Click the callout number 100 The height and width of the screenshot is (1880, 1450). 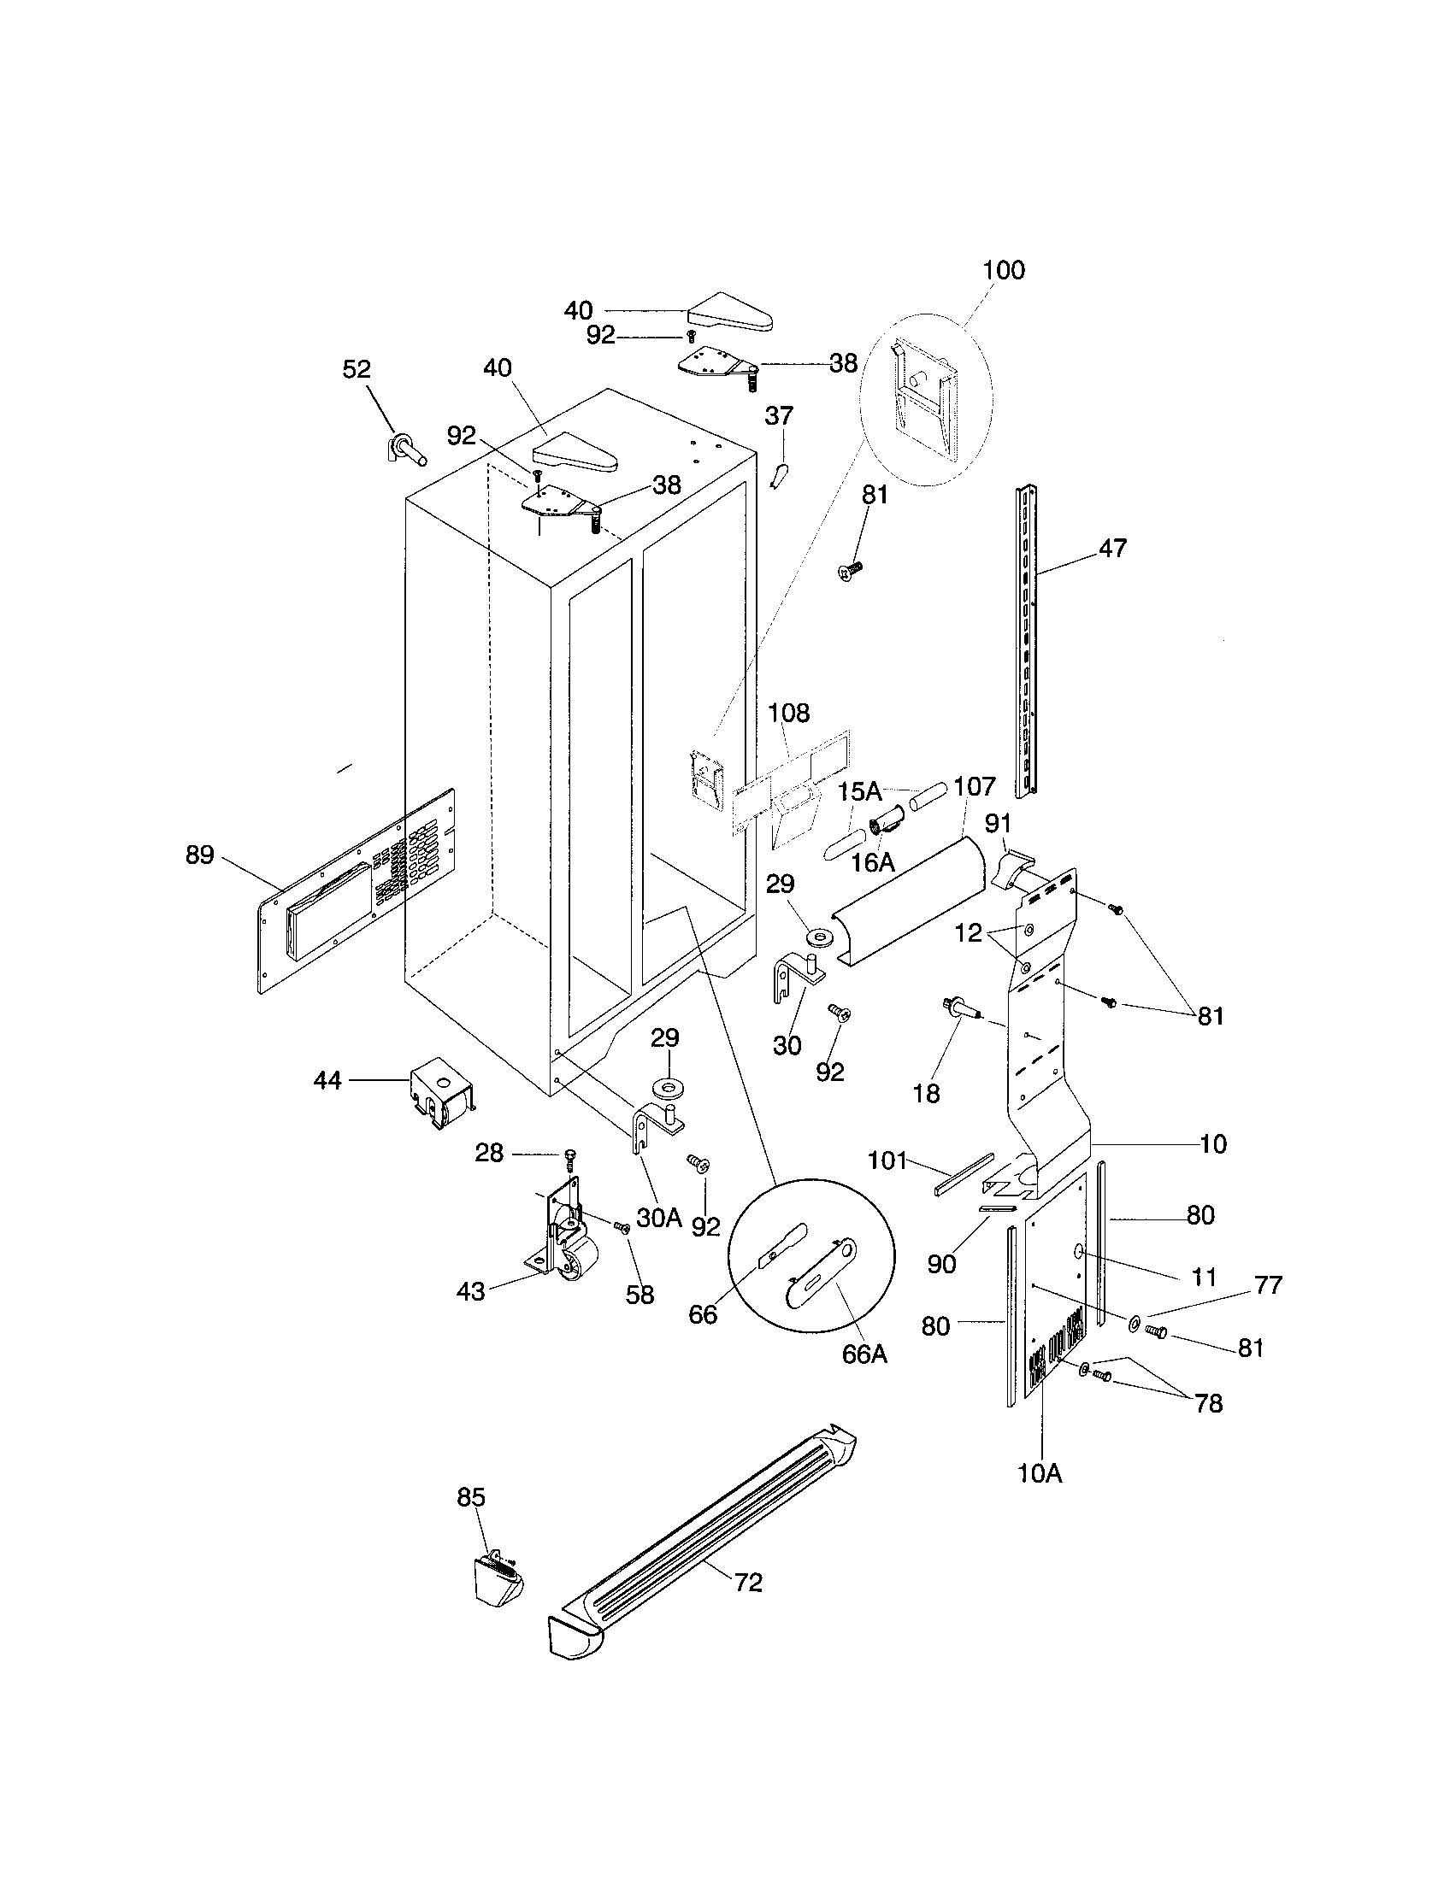1004,270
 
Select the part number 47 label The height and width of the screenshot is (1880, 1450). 1112,549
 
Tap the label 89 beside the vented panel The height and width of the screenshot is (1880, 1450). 200,855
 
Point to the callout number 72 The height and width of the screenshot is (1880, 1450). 748,1583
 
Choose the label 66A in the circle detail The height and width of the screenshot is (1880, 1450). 864,1354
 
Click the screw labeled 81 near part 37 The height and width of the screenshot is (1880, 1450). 851,569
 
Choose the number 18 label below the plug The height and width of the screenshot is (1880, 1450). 926,1094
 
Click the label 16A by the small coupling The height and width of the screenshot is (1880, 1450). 873,861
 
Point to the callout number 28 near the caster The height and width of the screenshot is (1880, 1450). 490,1153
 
